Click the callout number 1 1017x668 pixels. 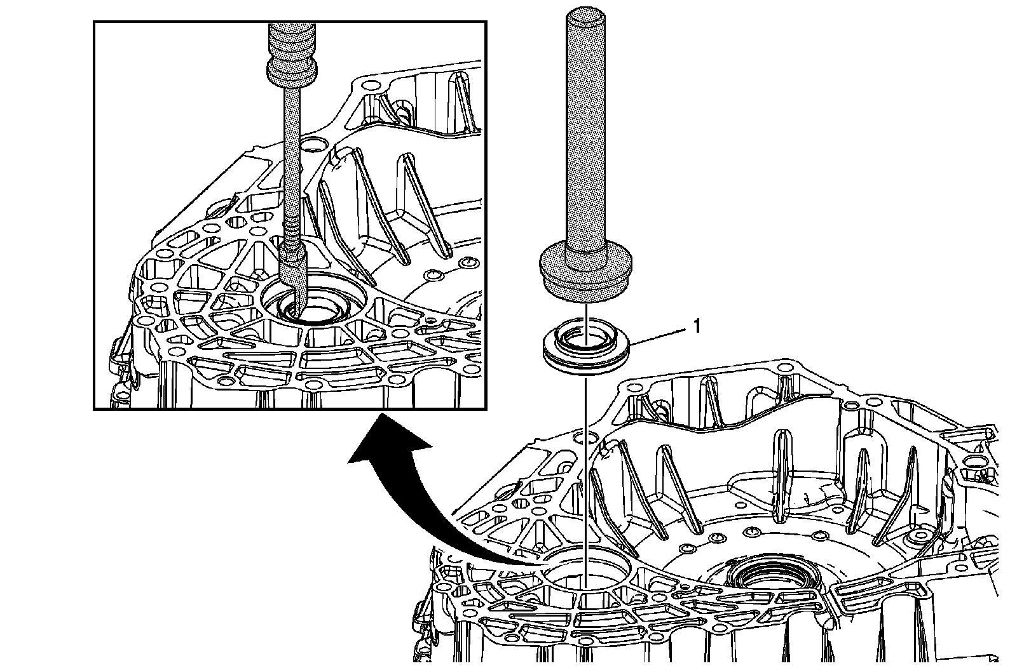pyautogui.click(x=696, y=326)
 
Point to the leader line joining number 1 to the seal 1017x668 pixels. pyautogui.click(x=661, y=335)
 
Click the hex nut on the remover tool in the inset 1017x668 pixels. pyautogui.click(x=294, y=257)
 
